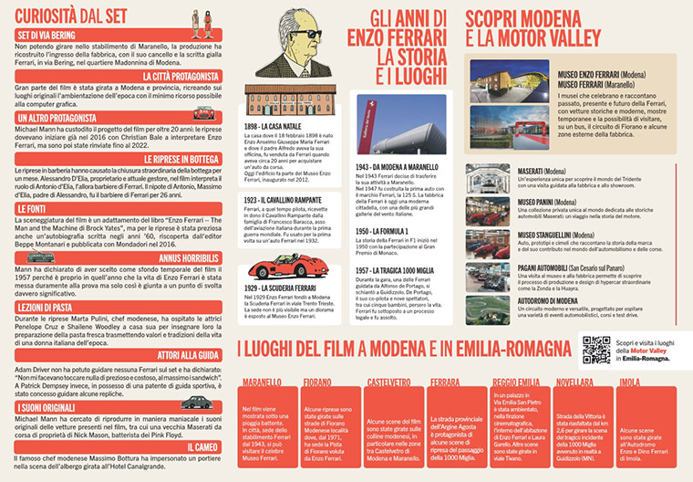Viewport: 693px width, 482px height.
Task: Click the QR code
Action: point(596,349)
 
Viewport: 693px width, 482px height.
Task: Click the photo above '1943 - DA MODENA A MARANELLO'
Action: point(396,126)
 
